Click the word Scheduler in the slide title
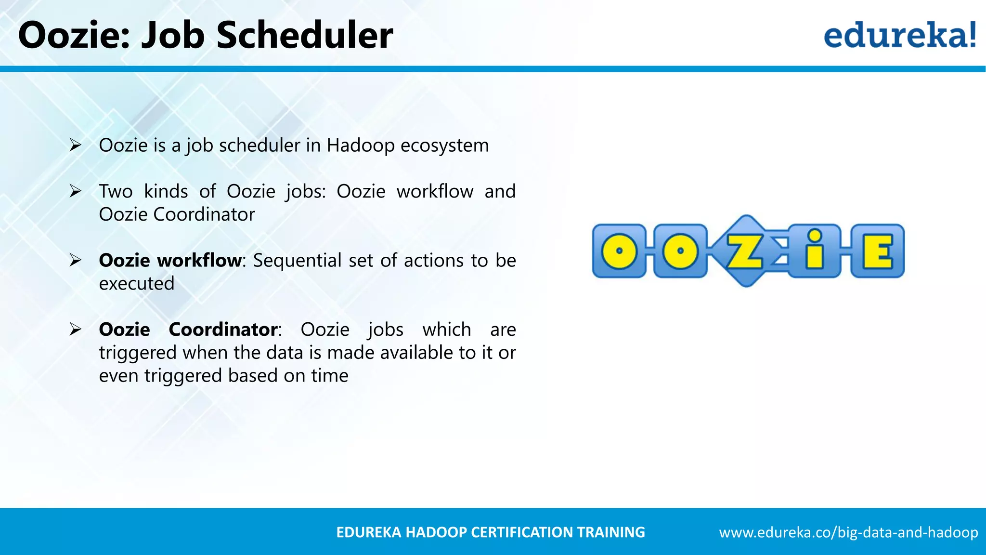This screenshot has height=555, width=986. point(304,36)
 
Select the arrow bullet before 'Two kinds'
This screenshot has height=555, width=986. point(75,191)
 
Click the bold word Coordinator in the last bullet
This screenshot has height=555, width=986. point(223,330)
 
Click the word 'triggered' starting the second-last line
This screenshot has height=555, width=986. point(138,353)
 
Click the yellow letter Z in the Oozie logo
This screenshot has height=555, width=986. point(744,251)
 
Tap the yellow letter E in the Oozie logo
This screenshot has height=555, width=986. point(877,251)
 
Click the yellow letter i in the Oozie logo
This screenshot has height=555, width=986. point(814,250)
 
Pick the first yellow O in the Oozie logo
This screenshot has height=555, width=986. point(619,251)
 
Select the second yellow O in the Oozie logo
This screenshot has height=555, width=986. point(680,251)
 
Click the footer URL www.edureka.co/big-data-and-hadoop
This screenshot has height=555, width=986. point(848,532)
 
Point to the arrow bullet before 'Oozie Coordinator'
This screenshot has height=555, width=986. point(75,330)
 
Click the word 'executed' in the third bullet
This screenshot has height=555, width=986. point(137,284)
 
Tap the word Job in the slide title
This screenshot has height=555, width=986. point(173,36)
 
